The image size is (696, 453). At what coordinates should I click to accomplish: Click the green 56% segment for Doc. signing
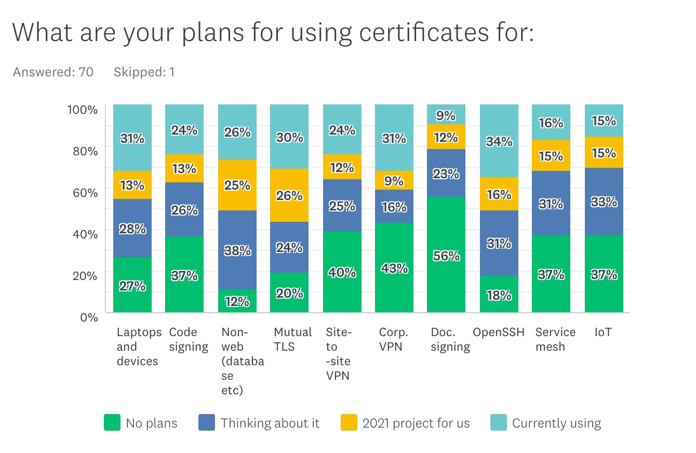(446, 255)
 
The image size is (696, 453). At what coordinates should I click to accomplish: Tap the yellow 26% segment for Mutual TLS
(289, 195)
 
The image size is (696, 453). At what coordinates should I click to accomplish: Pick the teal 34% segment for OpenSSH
(499, 141)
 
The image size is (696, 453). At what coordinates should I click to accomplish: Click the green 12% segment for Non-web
(237, 301)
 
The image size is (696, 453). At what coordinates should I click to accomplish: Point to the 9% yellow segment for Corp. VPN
(394, 180)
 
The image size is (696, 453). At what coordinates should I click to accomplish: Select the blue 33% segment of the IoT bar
(604, 202)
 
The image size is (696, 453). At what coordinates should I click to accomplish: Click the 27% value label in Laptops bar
(132, 286)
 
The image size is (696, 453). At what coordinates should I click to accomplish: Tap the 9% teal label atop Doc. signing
(446, 115)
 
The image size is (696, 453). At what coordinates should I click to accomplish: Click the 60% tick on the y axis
(83, 193)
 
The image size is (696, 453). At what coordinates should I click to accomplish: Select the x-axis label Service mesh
(555, 339)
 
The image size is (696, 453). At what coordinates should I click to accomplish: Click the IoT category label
(603, 332)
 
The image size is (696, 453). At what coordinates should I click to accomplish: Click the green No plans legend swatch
(112, 422)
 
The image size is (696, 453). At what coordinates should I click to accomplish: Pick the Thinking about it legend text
(270, 423)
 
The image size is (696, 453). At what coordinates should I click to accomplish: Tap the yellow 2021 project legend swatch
(349, 422)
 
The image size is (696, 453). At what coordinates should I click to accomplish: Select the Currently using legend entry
(556, 423)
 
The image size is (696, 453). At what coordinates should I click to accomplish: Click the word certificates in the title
(399, 32)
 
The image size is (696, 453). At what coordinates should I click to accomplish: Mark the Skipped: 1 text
(144, 72)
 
